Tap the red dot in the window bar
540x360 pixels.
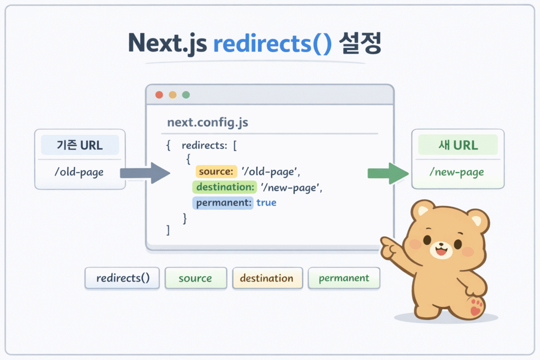click(159, 95)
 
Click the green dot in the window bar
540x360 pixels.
click(186, 95)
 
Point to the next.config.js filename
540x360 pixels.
click(207, 123)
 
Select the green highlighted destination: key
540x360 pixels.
click(224, 187)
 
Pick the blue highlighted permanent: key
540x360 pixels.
click(223, 202)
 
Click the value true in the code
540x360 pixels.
click(266, 202)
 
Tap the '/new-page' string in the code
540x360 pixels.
click(291, 187)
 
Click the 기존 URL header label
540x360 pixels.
click(80, 145)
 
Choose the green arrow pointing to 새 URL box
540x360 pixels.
click(388, 173)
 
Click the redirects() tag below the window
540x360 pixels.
click(122, 278)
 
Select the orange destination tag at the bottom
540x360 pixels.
click(267, 278)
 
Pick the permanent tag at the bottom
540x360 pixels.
click(344, 278)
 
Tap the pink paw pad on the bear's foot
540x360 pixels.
click(476, 308)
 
